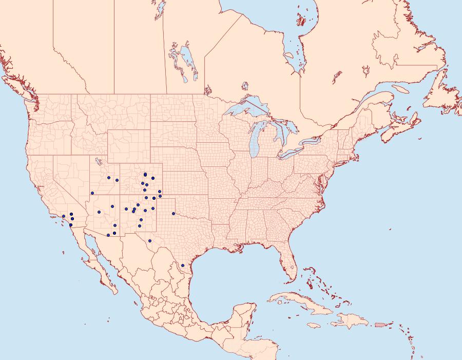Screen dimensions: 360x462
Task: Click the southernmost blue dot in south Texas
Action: pos(183,266)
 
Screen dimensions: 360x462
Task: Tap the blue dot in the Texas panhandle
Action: pos(174,214)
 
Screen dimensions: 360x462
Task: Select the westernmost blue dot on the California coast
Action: pos(63,216)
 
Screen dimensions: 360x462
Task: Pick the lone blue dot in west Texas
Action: pos(150,240)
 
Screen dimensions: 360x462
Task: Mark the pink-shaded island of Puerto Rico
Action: pos(380,324)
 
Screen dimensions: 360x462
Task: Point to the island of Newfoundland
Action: pos(441,98)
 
